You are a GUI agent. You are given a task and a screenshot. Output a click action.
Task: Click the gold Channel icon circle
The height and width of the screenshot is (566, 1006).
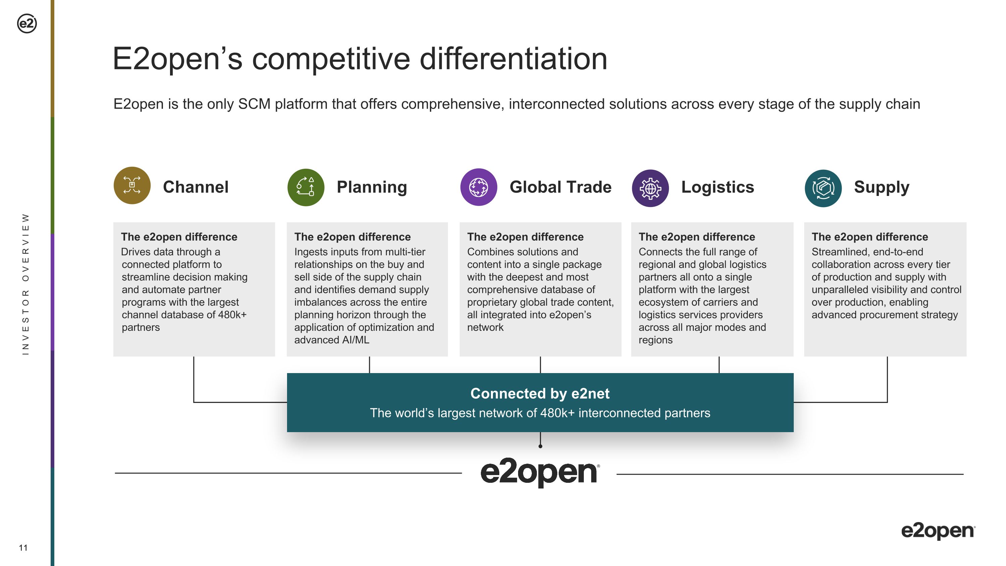coord(132,186)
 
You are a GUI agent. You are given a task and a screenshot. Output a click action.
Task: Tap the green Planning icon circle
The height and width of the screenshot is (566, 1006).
coord(306,187)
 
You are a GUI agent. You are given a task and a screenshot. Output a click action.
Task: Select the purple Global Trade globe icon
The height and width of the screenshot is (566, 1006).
coord(479,187)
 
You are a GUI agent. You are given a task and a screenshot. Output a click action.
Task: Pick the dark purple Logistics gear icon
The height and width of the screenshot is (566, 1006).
coord(650,188)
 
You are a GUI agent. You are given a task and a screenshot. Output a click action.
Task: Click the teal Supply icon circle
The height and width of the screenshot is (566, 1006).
coord(823,188)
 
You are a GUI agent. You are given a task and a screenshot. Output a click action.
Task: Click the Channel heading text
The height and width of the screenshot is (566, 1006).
coord(195,187)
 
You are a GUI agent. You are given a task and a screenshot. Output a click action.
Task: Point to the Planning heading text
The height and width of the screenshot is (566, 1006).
coord(372,187)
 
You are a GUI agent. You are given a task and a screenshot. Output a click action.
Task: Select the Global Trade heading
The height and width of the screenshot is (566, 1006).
coord(560,187)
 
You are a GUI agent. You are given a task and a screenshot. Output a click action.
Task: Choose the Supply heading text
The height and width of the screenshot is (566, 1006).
coord(881,187)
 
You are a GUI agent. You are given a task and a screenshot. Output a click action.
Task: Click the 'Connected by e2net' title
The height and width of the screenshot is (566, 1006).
coord(540,393)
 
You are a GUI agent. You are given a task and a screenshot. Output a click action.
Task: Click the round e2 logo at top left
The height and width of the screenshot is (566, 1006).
coord(27,24)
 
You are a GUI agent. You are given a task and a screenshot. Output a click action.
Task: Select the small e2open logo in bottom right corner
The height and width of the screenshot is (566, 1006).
coord(938,531)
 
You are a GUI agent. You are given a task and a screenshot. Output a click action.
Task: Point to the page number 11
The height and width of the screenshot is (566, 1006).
coord(23,548)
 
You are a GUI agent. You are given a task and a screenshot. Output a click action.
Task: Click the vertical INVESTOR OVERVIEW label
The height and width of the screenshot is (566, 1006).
coord(25,284)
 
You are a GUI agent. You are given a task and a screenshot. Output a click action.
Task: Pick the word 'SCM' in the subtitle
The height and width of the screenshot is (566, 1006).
coord(254,104)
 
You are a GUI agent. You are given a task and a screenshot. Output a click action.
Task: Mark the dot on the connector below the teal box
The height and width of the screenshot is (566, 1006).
coord(540,446)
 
